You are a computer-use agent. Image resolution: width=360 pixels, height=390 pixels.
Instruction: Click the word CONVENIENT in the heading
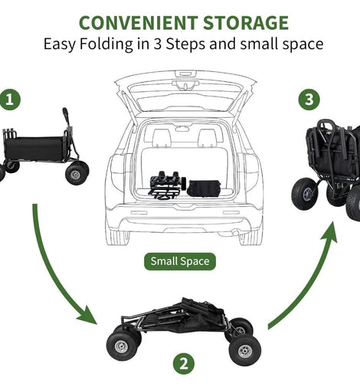tap(138, 23)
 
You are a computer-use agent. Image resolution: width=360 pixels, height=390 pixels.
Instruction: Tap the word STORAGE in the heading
tap(246, 23)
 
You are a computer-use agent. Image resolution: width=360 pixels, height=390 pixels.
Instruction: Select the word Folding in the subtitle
tap(106, 44)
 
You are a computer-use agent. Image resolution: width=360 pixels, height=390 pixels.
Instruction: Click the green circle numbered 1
tap(9, 99)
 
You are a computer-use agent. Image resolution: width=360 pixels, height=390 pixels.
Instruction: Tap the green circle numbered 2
tap(184, 363)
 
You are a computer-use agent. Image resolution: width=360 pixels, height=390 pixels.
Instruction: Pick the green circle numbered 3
tap(309, 99)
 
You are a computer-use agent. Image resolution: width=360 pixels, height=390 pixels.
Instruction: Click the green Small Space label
tap(180, 261)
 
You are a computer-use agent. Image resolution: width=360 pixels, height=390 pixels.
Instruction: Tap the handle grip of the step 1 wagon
tap(65, 113)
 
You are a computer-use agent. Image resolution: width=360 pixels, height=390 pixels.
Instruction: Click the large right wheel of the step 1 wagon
tap(76, 175)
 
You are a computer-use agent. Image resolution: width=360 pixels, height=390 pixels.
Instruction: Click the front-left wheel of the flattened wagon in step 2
tap(122, 346)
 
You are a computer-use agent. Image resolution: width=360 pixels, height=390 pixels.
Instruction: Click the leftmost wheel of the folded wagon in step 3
tap(306, 194)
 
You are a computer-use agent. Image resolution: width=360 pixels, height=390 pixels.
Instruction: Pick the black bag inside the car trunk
tap(204, 188)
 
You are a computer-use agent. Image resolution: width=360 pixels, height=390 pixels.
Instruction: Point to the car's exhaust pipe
tap(235, 232)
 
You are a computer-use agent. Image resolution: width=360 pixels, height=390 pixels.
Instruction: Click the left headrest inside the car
tap(162, 136)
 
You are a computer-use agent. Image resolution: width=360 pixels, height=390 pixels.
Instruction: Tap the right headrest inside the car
tap(207, 136)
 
